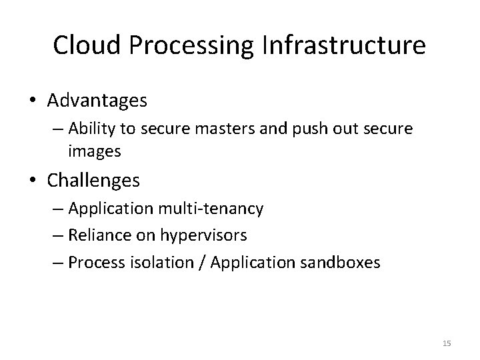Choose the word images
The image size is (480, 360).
(94, 151)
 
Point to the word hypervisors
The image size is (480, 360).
(204, 235)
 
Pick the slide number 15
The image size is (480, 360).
(447, 343)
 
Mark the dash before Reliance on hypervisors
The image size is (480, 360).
(56, 236)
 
